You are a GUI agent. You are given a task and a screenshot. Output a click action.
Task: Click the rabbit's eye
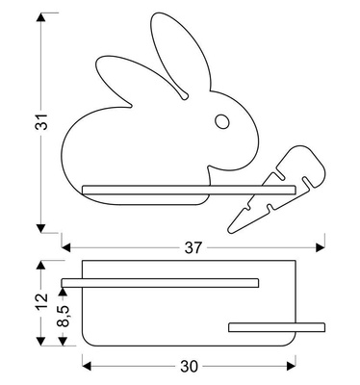[x=222, y=121]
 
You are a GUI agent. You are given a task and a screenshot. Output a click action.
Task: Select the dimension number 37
[x=193, y=247]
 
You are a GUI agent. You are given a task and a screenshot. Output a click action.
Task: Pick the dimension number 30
[x=189, y=366]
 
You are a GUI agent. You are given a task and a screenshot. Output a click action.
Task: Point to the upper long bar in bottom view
[x=160, y=282]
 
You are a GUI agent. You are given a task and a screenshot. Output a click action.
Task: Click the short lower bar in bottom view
[x=263, y=327]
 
